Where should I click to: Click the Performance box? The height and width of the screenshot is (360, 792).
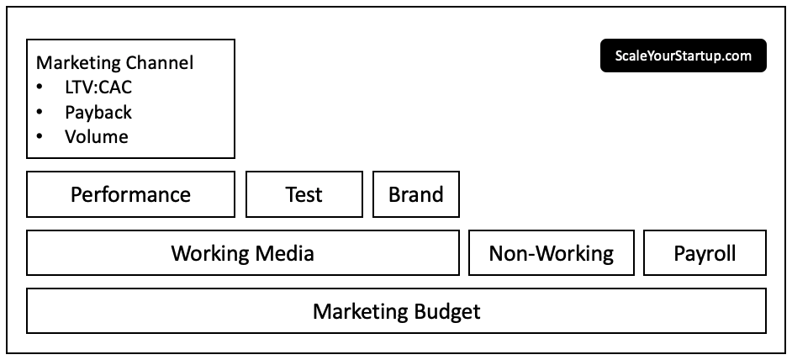coord(130,194)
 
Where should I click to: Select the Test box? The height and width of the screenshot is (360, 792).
coord(304,194)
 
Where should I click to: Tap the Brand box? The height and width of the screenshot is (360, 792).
coord(416,194)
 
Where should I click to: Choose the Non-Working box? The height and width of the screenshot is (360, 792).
coord(551,253)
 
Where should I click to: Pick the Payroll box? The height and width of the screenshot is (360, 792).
coord(705,253)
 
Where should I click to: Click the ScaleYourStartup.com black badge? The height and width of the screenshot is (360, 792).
coord(684,56)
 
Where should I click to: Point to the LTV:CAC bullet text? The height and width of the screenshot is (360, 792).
coord(98,87)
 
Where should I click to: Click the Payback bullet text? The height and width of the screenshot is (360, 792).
coord(98,112)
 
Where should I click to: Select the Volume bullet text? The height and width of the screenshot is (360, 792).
coord(96,136)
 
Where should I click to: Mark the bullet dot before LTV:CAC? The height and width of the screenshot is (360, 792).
coord(40,87)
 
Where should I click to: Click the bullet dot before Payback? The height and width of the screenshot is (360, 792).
coord(40,111)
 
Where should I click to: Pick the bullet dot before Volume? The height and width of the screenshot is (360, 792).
coord(40,136)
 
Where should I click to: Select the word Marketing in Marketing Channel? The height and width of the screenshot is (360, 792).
coord(78,63)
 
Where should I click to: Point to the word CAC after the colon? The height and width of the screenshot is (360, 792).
coord(114,87)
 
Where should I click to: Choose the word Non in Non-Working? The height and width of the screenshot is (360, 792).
coord(507,253)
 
